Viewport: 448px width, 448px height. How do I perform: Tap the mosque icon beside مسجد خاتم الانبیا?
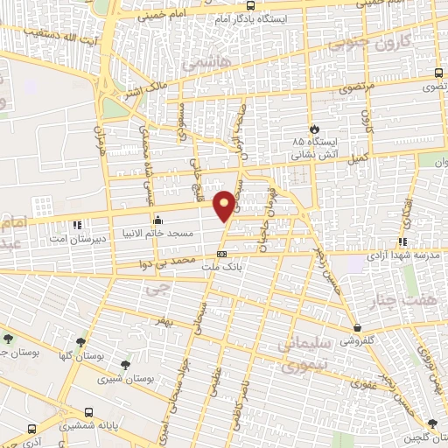point(157,220)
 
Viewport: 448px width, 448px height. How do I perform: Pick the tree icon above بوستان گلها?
point(81,341)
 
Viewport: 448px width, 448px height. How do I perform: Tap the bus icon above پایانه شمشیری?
point(88,411)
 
